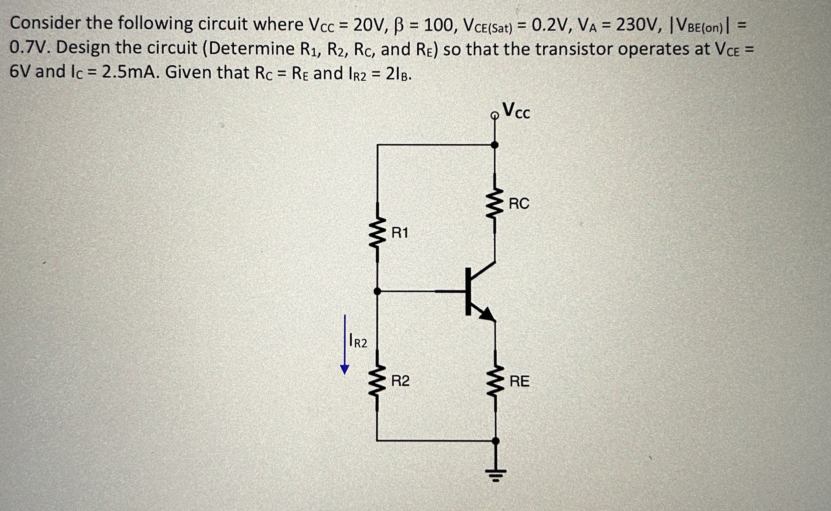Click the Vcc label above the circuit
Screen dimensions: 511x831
516,111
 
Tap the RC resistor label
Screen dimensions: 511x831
519,204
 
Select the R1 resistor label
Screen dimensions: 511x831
400,233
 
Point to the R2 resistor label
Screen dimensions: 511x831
400,381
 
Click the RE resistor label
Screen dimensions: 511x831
519,381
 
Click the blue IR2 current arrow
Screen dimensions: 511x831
345,345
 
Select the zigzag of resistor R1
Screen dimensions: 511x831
378,233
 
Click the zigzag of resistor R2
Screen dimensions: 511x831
378,381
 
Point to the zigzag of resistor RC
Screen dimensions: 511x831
495,204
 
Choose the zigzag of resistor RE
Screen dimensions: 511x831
495,381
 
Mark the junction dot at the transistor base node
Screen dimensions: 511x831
378,291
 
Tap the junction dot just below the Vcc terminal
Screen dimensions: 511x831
495,145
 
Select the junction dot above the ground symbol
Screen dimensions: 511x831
495,441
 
